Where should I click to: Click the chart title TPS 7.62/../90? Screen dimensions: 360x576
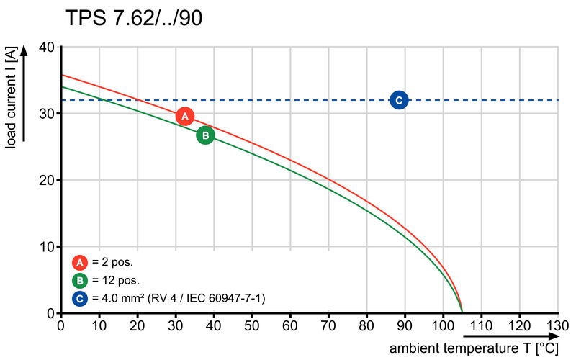coord(133,18)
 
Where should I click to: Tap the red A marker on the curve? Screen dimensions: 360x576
coord(185,116)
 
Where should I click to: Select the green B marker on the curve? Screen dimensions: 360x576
coord(205,135)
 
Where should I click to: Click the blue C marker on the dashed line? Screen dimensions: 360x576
coord(399,100)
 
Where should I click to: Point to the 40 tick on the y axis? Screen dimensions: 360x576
coord(48,47)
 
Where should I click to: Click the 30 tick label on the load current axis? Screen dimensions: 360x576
coord(48,114)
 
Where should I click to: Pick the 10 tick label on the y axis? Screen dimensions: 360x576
coord(48,247)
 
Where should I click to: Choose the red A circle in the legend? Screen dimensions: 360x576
coord(80,262)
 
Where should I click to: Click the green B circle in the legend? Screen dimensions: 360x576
coord(80,280)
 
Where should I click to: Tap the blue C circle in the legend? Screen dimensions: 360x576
coord(80,298)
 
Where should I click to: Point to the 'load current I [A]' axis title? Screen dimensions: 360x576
coord(11,99)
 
